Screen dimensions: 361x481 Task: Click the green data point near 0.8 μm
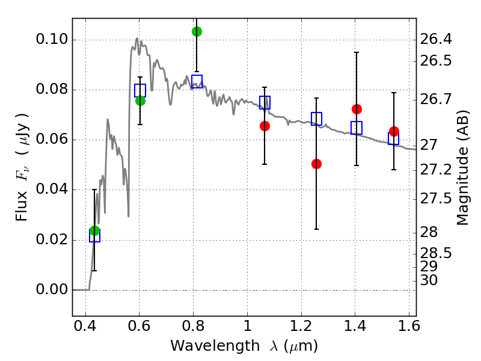pyautogui.click(x=197, y=31)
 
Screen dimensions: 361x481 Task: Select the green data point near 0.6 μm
pyautogui.click(x=140, y=100)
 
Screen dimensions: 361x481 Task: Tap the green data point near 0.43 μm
pyautogui.click(x=94, y=231)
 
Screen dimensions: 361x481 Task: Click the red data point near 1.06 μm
pyautogui.click(x=265, y=126)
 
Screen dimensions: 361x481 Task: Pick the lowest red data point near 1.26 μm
pyautogui.click(x=316, y=164)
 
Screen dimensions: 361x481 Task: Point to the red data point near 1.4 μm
pyautogui.click(x=357, y=109)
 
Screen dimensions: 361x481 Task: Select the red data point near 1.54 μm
pyautogui.click(x=394, y=131)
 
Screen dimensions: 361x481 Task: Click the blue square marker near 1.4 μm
pyautogui.click(x=357, y=128)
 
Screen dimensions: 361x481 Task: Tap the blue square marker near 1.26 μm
pyautogui.click(x=316, y=119)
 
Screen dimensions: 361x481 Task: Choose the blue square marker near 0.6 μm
pyautogui.click(x=140, y=91)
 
